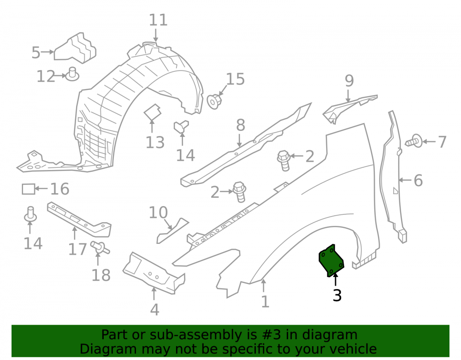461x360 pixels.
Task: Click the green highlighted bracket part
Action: pos(331,261)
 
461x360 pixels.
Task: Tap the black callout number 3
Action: pos(337,295)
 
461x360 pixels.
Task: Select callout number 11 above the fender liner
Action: pos(158,20)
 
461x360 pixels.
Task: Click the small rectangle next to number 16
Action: pos(29,189)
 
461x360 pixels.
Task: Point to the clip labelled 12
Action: pos(72,74)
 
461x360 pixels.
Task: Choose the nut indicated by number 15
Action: pos(214,101)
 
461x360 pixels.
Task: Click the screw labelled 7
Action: pos(414,142)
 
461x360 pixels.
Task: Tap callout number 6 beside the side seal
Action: pos(418,180)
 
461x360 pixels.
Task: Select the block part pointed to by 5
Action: pos(75,48)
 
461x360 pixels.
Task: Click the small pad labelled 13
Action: pos(153,112)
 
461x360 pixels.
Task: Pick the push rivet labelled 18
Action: pos(100,248)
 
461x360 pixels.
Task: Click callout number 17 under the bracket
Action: pos(77,249)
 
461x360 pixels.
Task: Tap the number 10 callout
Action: pos(158,212)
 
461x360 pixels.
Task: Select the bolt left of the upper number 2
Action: pos(284,160)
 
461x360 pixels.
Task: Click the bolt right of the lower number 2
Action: pos(240,192)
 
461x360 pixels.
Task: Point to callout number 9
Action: pos(349,81)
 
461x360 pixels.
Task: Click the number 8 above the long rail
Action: pos(241,125)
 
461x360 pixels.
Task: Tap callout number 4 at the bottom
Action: pos(154,309)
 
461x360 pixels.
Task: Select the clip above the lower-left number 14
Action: pos(30,213)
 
